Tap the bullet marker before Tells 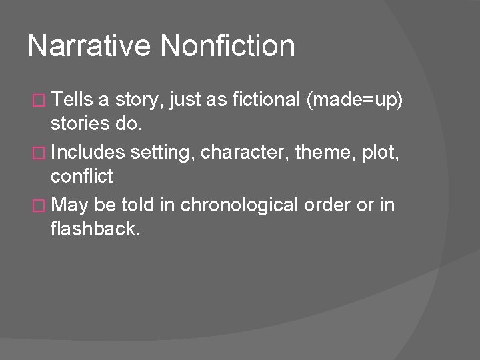pos(38,101)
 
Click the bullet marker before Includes pos(38,152)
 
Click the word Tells pos(73,101)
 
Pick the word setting pos(161,153)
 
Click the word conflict pos(82,177)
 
